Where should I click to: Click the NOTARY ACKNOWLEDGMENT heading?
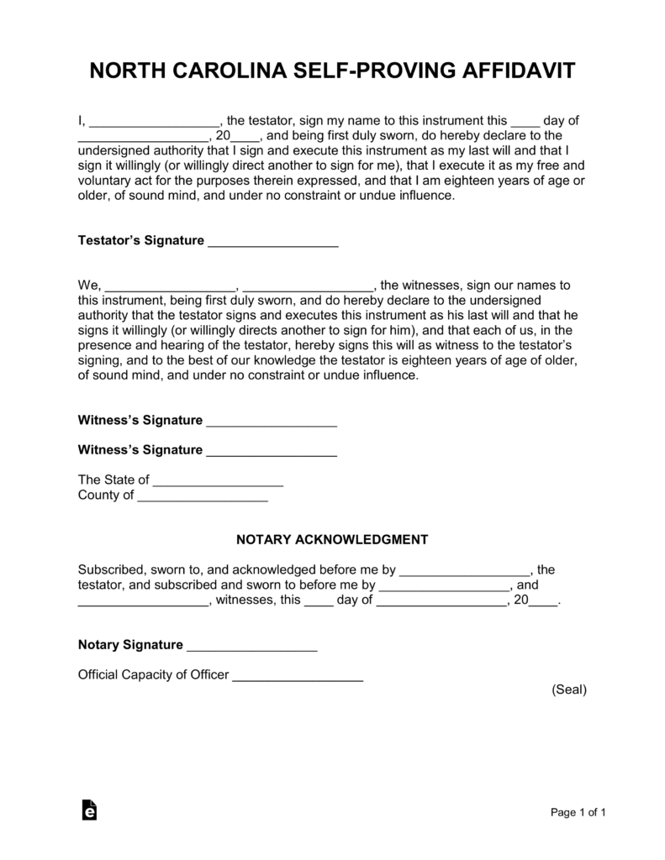click(332, 538)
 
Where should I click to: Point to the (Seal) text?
click(569, 690)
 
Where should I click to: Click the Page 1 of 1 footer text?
click(578, 812)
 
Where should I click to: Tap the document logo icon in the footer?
click(89, 810)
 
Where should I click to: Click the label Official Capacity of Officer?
click(153, 674)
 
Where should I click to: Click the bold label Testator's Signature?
click(140, 241)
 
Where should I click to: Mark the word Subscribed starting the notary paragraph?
click(108, 569)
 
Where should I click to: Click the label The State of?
click(113, 480)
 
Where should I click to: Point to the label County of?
click(105, 496)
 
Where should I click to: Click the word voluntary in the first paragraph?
click(105, 181)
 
